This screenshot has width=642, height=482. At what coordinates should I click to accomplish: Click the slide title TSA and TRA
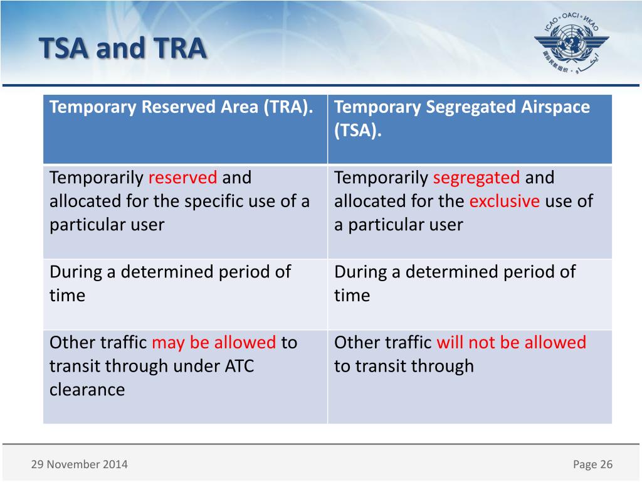point(122,48)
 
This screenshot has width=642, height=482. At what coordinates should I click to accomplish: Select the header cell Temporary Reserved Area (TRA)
point(182,107)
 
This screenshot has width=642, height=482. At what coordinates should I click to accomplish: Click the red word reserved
point(182,178)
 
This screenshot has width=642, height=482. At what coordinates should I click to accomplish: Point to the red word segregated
point(476,178)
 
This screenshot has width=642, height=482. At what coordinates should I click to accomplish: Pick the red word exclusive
point(504,201)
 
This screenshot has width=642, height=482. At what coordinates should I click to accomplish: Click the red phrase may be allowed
point(214,343)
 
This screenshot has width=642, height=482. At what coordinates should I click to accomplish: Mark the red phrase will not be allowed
point(511,343)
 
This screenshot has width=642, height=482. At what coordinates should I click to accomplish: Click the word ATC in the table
point(239,366)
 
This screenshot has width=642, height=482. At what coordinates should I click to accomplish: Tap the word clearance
point(87,390)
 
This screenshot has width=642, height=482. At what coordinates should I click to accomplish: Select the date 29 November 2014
point(79,464)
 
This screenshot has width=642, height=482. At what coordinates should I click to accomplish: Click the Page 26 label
point(592,464)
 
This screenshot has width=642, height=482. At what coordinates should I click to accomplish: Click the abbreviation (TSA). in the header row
point(357,131)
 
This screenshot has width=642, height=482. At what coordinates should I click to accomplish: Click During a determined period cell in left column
point(170,272)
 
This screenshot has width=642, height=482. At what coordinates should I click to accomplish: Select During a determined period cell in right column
point(455,272)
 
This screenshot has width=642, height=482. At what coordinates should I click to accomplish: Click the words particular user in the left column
point(107,225)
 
